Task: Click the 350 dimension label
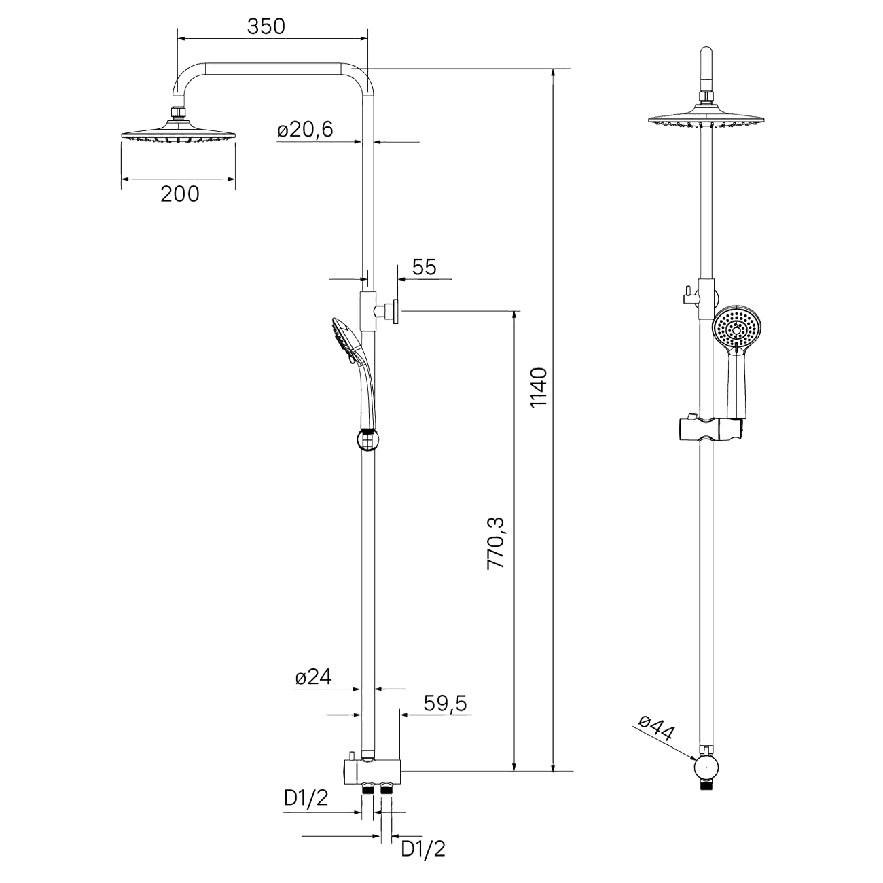pos(266,26)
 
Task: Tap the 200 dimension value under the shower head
pos(180,194)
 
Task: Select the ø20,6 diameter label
pos(305,130)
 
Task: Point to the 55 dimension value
pos(425,267)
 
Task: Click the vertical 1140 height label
pos(539,386)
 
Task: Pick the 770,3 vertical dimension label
pos(495,543)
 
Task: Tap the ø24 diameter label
pos(313,677)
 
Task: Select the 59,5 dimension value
pos(445,704)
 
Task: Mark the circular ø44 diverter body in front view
pos(706,768)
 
